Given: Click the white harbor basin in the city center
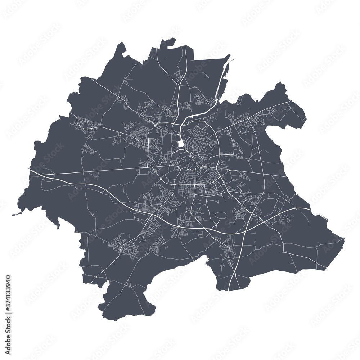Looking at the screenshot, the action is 181,144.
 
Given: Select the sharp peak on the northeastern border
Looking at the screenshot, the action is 279,84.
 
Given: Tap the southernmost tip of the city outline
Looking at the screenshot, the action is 104,318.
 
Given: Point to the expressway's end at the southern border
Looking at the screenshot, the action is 229,290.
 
